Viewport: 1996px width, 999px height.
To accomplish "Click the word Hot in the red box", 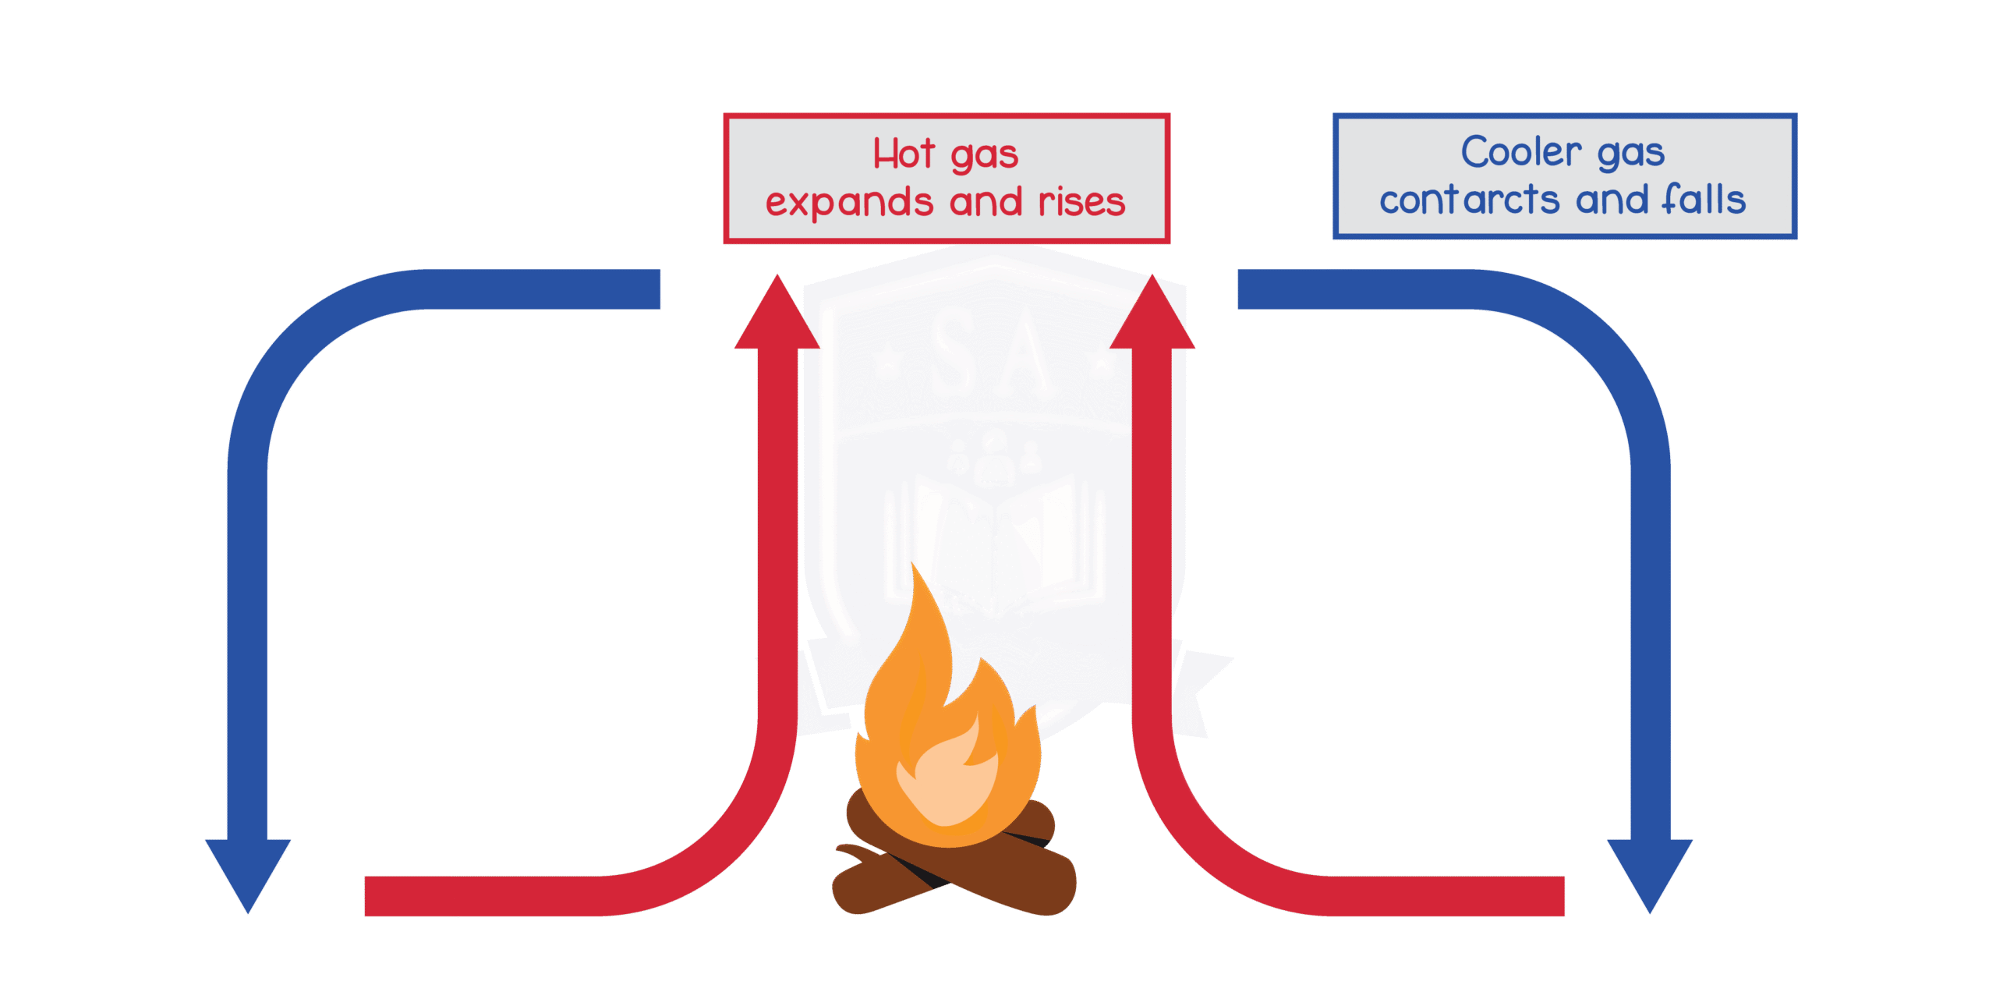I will [x=903, y=154].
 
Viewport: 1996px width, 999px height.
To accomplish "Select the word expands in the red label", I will [x=848, y=203].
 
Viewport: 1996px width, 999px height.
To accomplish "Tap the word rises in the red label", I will [x=1081, y=202].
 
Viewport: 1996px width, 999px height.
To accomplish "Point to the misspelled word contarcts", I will [x=1469, y=200].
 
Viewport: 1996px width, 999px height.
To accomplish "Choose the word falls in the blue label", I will [x=1703, y=200].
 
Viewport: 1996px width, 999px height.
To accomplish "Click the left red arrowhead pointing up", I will [x=777, y=316].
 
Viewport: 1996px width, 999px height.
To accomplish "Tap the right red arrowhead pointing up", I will [x=1152, y=316].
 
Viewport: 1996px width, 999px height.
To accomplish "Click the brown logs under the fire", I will [x=955, y=873].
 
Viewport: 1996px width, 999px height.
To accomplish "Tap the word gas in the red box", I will [x=985, y=155].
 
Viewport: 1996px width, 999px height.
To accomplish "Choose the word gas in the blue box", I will [x=1630, y=153].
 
